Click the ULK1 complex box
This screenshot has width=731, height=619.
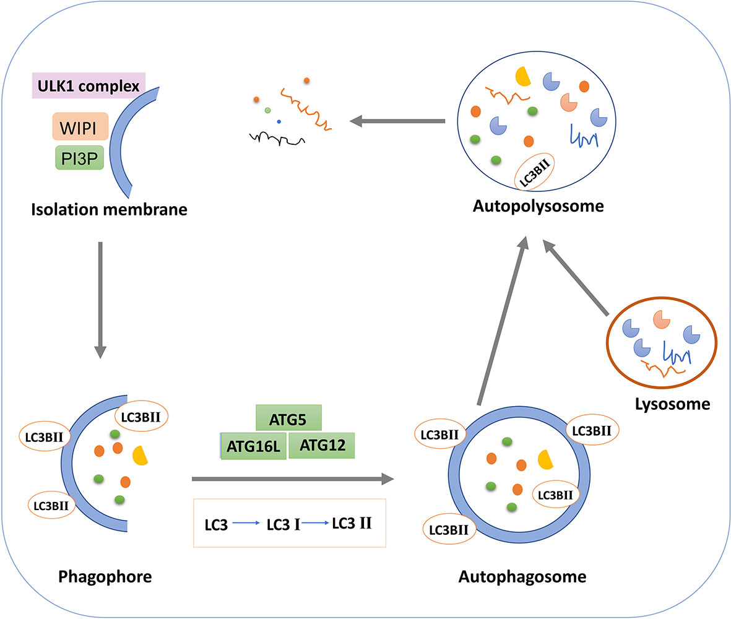pyautogui.click(x=89, y=86)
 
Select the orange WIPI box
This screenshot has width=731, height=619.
pyautogui.click(x=80, y=126)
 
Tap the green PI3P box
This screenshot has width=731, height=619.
pyautogui.click(x=79, y=158)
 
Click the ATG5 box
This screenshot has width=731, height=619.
pyautogui.click(x=288, y=418)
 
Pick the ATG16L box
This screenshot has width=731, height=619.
pyautogui.click(x=253, y=446)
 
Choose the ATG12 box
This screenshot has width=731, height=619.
pyautogui.click(x=322, y=445)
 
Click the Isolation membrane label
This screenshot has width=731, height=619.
pyautogui.click(x=109, y=210)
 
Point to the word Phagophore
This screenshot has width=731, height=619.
pyautogui.click(x=105, y=577)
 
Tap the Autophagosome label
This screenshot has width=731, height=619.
pyautogui.click(x=522, y=577)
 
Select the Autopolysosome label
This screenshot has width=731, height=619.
pyautogui.click(x=538, y=206)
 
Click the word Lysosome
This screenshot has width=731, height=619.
pyautogui.click(x=672, y=404)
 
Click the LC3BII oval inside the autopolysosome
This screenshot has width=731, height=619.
pyautogui.click(x=534, y=172)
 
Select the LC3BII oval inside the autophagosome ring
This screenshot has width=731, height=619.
pyautogui.click(x=555, y=495)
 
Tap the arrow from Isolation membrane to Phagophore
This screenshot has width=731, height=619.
pyautogui.click(x=100, y=300)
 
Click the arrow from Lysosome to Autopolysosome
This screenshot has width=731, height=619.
pyautogui.click(x=576, y=278)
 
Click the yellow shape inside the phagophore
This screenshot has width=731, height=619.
pyautogui.click(x=140, y=456)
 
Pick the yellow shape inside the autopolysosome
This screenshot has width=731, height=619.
pyautogui.click(x=524, y=76)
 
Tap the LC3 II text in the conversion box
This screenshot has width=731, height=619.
pyautogui.click(x=352, y=524)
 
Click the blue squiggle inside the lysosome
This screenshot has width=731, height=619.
pyautogui.click(x=677, y=353)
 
